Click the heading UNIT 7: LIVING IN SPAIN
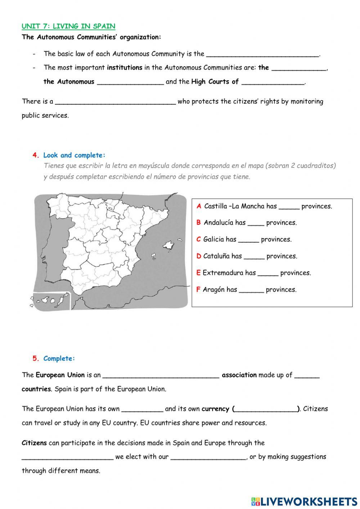68,26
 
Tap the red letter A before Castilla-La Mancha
199,206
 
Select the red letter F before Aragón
198,290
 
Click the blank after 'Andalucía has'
256,223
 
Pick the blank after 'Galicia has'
248,240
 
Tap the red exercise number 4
35,155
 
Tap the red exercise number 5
35,358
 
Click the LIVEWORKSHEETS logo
304,501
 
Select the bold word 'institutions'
125,67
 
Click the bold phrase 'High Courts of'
215,82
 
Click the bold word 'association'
239,375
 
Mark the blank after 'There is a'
115,102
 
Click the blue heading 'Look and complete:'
74,155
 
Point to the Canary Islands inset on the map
51,301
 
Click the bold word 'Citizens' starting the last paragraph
34,443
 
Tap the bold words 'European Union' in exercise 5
60,375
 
